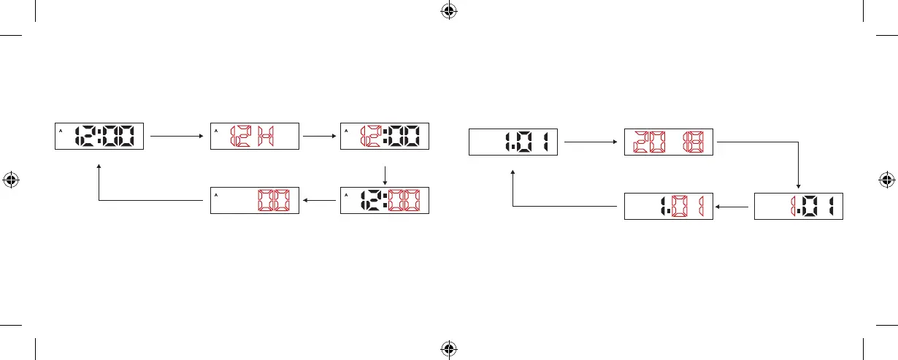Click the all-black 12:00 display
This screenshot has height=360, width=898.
click(99, 136)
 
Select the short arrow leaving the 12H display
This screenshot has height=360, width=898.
click(320, 136)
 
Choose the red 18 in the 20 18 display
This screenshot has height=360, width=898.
click(691, 142)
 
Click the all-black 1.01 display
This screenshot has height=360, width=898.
click(513, 142)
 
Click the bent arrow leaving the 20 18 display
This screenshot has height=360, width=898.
click(797, 164)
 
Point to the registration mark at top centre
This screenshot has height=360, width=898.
click(448, 11)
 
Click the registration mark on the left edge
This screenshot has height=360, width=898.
click(11, 179)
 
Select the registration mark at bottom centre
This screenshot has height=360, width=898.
click(448, 348)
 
